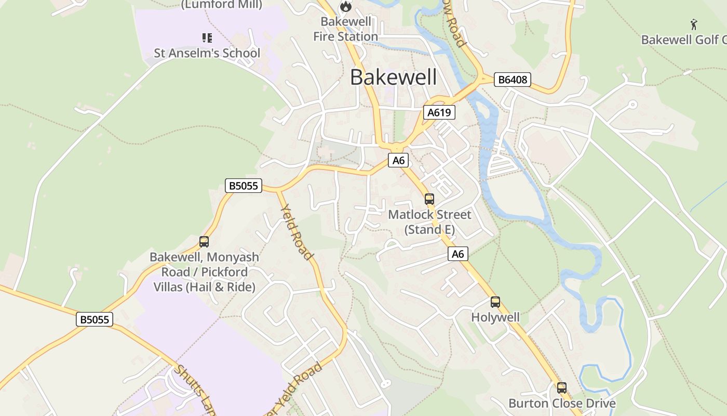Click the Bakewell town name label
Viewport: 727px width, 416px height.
(x=393, y=77)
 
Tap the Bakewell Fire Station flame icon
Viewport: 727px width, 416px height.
(x=345, y=7)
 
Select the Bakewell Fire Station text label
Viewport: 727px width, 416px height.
(x=345, y=29)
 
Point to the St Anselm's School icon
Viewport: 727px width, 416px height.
(x=207, y=38)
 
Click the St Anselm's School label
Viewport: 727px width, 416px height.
(x=207, y=53)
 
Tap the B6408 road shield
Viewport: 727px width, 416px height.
(x=512, y=80)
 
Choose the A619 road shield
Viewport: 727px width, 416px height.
(x=439, y=112)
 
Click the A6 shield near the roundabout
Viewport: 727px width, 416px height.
(x=398, y=160)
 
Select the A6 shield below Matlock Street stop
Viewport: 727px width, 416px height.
(x=457, y=254)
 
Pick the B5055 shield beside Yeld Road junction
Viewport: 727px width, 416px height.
(x=244, y=186)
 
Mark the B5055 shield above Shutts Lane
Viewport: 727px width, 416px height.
(x=95, y=319)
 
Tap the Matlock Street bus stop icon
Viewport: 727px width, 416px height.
(x=429, y=199)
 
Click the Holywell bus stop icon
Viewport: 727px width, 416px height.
(x=495, y=302)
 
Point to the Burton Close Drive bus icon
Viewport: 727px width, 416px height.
(x=561, y=387)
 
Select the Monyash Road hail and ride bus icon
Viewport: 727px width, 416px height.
(x=204, y=241)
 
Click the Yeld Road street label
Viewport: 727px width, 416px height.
(x=297, y=232)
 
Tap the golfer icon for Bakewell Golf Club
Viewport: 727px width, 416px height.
(x=694, y=24)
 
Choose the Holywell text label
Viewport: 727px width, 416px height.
(x=495, y=317)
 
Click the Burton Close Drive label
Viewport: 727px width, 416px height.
(x=562, y=403)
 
